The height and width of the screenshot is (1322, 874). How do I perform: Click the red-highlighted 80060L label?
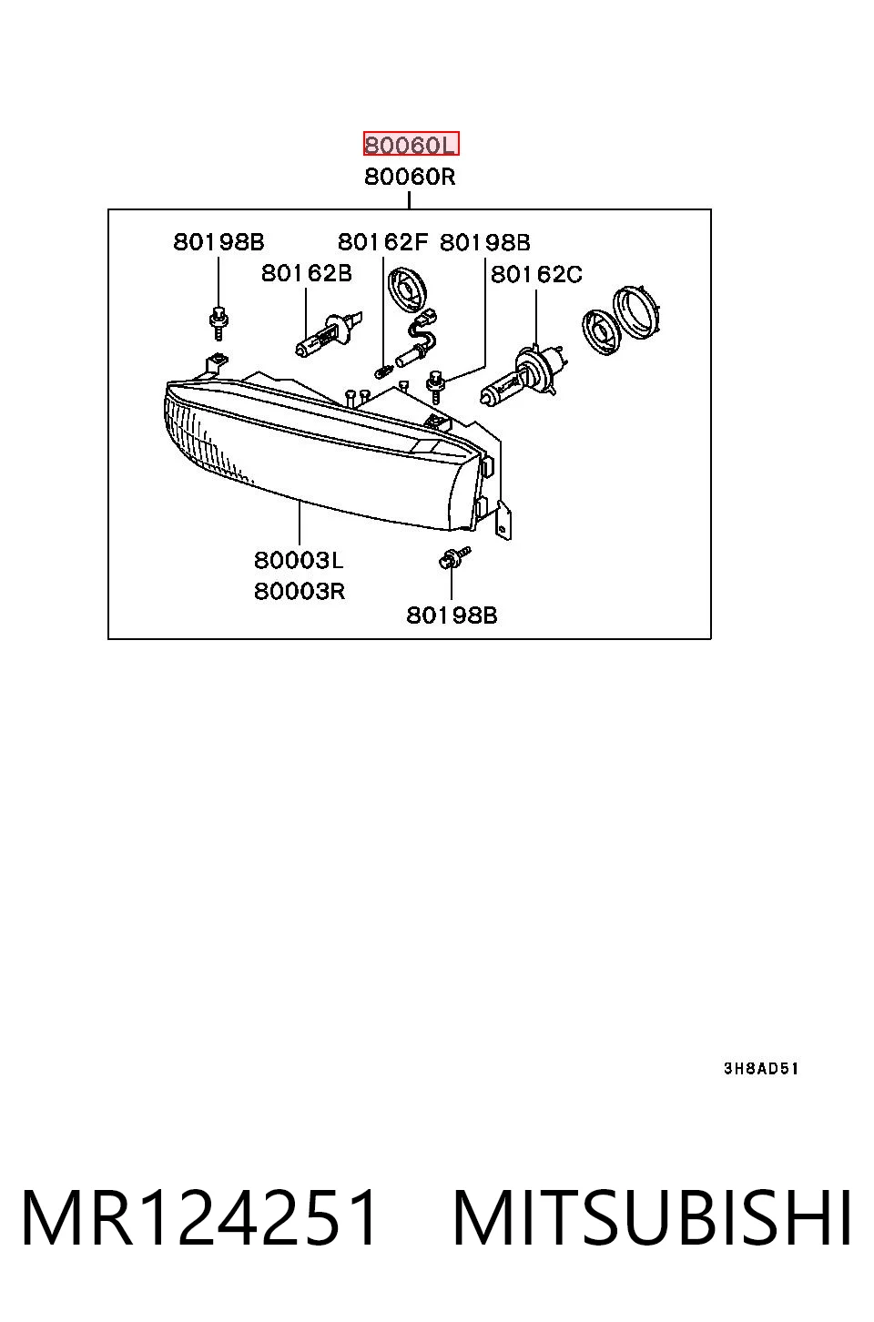click(411, 144)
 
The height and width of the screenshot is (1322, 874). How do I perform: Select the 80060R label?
click(410, 177)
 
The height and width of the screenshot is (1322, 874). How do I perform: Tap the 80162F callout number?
click(382, 242)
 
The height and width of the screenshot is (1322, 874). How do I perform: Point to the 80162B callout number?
click(306, 273)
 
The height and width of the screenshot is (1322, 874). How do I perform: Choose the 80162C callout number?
click(536, 274)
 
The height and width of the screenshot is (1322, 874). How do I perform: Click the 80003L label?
click(298, 560)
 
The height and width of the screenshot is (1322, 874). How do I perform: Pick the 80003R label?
click(300, 591)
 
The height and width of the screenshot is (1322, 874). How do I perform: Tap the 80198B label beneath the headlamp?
click(452, 615)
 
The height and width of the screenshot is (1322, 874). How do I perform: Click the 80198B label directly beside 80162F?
click(485, 242)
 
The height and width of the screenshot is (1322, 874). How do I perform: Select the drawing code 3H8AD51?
click(761, 1069)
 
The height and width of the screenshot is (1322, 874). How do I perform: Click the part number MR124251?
click(198, 1217)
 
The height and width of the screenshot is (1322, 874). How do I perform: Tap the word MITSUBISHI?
click(652, 1217)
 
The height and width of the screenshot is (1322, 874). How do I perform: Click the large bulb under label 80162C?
click(524, 375)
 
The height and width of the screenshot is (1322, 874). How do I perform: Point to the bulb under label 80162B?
click(329, 335)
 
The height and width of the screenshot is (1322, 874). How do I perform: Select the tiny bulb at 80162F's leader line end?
click(384, 371)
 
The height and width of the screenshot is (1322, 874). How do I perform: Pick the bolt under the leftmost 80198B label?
click(218, 323)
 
